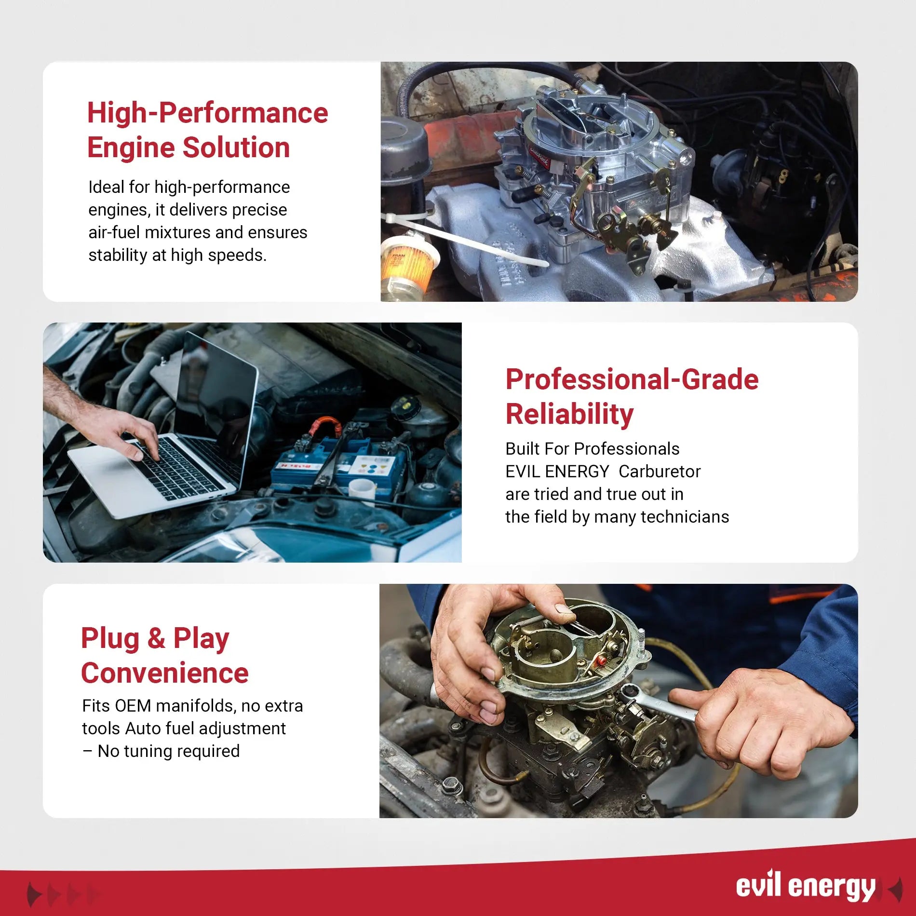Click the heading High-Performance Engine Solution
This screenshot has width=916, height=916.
click(207, 130)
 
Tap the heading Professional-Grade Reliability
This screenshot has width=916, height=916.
click(632, 396)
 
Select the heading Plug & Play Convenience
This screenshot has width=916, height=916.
click(164, 655)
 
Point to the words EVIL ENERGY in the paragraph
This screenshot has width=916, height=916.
click(557, 471)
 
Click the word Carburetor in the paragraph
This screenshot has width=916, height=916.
click(659, 471)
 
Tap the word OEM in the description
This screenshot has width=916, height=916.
click(133, 706)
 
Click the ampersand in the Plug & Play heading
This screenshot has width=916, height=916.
click(156, 638)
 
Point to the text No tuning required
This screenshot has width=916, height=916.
click(168, 751)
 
